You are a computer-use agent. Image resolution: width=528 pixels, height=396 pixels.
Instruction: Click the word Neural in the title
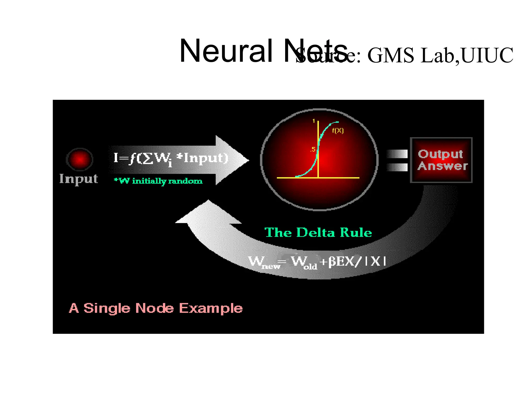coord(226,51)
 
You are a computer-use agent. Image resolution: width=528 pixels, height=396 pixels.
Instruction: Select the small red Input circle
coord(80,159)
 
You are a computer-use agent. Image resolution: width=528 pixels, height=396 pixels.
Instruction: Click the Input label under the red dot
coord(79,179)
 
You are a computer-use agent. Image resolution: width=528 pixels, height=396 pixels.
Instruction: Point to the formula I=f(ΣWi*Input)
coord(171,158)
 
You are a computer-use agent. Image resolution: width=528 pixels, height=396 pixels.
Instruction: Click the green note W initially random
coord(158,181)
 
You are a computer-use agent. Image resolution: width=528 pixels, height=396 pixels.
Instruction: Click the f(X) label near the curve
coord(337,131)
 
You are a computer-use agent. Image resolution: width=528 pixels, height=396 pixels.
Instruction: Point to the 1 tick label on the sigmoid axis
coord(313,121)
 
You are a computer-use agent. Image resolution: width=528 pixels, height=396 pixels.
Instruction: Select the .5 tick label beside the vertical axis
coord(312,149)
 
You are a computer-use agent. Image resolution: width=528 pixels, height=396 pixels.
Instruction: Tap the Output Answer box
coord(441,160)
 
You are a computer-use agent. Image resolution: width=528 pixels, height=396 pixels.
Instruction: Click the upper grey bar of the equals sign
coord(397,154)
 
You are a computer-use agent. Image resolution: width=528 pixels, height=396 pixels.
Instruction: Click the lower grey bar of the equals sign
coord(397,167)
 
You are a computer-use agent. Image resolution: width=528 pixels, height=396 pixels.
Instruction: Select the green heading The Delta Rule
coord(318,232)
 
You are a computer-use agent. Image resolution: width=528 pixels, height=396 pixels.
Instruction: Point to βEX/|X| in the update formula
coord(357,262)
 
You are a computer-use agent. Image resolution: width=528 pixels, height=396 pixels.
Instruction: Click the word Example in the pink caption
coord(211,308)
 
